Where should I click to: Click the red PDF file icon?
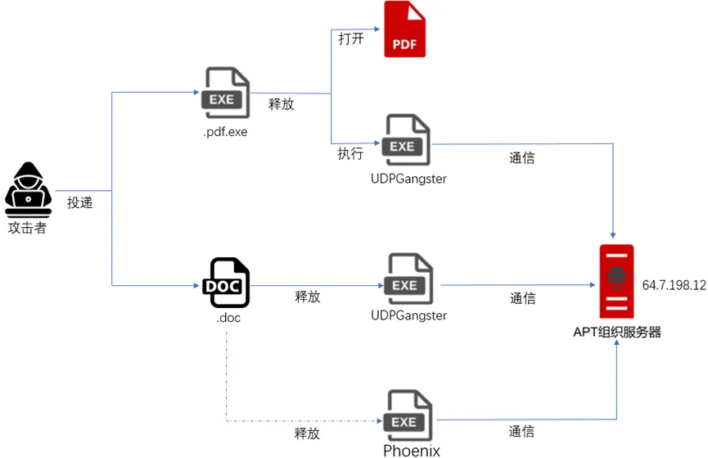click(x=405, y=29)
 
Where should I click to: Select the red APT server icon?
click(x=616, y=282)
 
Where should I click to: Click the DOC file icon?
click(x=226, y=283)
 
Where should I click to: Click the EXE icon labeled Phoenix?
click(x=408, y=416)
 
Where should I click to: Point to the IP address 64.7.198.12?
click(x=674, y=285)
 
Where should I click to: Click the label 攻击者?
click(x=28, y=227)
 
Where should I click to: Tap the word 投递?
click(x=80, y=202)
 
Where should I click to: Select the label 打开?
click(x=351, y=39)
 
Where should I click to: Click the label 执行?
click(x=350, y=153)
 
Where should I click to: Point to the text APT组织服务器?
click(x=617, y=332)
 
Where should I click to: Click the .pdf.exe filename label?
click(x=225, y=131)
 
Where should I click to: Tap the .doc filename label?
click(x=228, y=317)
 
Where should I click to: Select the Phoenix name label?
click(x=412, y=450)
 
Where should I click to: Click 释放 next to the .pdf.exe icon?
click(x=282, y=104)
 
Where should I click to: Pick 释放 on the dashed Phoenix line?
click(x=307, y=433)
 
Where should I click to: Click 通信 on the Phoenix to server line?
click(x=521, y=431)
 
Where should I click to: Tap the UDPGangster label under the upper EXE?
click(x=408, y=178)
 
